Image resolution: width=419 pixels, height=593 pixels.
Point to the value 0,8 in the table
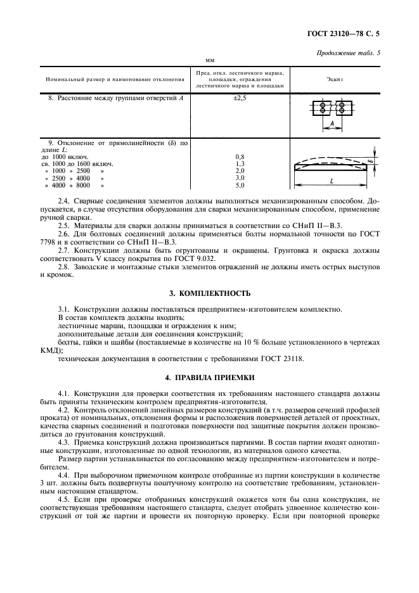click(240, 156)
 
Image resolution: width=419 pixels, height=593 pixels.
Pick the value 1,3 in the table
click(240, 163)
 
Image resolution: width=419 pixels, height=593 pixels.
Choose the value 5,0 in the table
click(240, 186)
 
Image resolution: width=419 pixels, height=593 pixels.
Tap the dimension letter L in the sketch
click(332, 181)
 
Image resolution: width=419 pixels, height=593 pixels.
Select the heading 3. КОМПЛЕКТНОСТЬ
click(209, 293)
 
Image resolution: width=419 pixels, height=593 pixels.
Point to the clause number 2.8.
click(64, 267)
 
